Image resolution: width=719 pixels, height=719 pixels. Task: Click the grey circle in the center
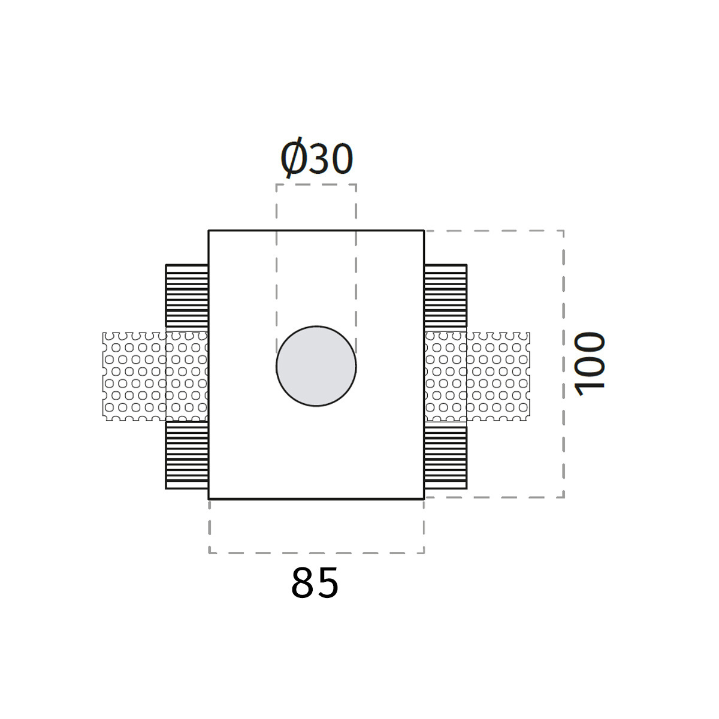point(316,366)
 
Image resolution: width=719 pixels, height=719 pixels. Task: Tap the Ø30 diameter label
point(317,158)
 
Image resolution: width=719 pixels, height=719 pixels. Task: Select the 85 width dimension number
point(315,583)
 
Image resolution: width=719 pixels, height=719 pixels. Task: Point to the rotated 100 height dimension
point(590,364)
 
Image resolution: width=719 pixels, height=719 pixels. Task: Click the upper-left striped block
point(187,298)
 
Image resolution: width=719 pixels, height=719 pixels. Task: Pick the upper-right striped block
point(446,298)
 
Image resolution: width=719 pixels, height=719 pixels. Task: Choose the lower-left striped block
point(187,455)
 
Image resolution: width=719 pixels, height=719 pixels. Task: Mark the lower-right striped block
point(446,457)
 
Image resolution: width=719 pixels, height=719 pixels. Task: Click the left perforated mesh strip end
point(134,376)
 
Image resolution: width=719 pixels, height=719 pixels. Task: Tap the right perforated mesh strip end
point(498,376)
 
